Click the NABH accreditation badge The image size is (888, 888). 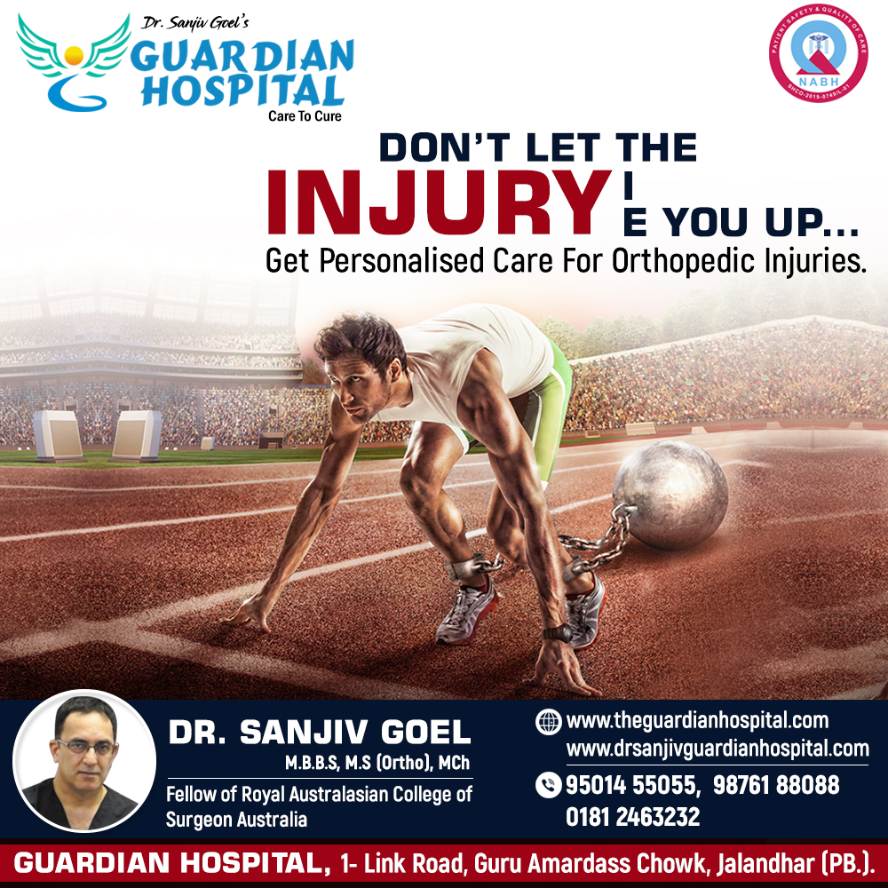(818, 53)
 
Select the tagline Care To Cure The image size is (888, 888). (305, 116)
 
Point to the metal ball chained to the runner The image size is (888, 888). (670, 495)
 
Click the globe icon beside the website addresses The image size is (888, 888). (548, 722)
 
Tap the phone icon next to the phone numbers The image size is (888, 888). (548, 785)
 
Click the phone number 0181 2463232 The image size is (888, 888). (632, 817)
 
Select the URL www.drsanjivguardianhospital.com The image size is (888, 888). (718, 749)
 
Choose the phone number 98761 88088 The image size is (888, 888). (776, 785)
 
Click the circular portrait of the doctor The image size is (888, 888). (84, 761)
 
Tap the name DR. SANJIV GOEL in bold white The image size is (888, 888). (320, 732)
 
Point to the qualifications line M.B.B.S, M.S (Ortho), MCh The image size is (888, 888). (377, 763)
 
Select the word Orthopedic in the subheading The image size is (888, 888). (684, 261)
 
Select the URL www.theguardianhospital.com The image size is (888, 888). (697, 720)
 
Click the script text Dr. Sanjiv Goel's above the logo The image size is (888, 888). (194, 23)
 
